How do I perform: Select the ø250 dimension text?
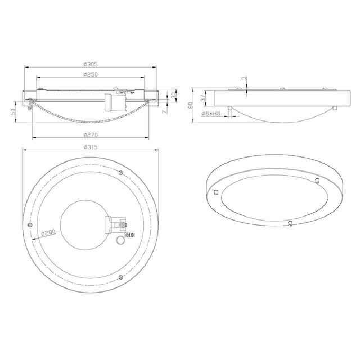tap(92, 74)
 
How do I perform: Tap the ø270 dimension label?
tap(91, 135)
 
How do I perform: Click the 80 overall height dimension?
tap(191, 104)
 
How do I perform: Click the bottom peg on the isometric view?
tap(290, 223)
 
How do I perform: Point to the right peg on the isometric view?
tap(318, 180)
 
